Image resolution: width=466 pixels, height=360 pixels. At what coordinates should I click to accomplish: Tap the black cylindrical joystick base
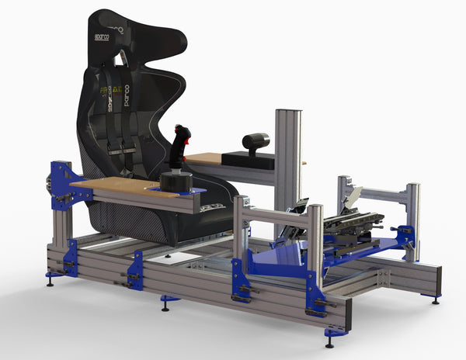176,181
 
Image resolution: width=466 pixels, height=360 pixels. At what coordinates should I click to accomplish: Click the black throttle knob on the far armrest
256,141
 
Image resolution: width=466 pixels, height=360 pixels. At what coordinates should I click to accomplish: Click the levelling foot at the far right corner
436,299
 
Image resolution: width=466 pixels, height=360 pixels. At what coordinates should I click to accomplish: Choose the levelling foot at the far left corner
50,279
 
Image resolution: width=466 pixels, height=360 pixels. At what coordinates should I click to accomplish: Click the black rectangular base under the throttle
249,161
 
